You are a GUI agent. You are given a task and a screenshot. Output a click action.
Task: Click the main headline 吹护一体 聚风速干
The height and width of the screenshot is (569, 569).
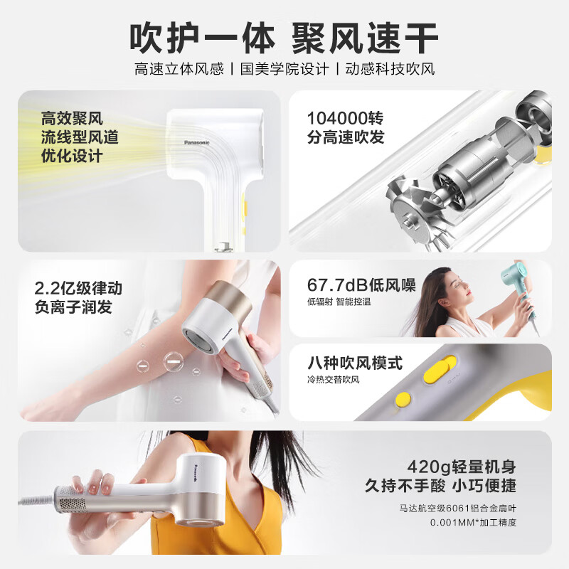pos(284,38)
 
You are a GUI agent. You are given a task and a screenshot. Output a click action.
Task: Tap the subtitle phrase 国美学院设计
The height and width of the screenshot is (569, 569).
pos(284,69)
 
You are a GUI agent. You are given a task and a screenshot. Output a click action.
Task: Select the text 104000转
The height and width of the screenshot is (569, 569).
pos(345,118)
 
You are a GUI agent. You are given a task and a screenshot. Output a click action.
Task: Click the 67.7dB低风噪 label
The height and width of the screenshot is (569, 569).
pos(361,285)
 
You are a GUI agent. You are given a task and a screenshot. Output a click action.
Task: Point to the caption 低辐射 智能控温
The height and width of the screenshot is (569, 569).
pos(339,302)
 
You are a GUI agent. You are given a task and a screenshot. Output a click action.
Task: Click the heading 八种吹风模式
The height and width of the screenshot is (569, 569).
pos(355,363)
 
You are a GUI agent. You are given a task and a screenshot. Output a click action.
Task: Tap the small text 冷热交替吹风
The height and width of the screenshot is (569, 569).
pos(333,380)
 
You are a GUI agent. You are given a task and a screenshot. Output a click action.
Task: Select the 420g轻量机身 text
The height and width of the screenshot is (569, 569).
pos(462,467)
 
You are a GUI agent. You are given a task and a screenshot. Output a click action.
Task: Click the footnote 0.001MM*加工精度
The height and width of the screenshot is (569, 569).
pos(473,523)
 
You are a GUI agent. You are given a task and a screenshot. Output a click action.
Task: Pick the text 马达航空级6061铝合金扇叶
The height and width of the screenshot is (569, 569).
pos(457,508)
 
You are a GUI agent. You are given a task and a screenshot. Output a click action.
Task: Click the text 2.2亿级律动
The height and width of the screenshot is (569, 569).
pos(78,288)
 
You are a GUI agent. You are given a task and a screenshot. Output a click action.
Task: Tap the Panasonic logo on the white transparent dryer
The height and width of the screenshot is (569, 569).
pos(197,143)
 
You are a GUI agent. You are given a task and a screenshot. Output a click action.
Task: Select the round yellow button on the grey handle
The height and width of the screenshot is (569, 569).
pos(403,399)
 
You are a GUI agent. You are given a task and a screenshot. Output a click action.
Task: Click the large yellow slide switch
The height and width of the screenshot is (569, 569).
pos(440,368)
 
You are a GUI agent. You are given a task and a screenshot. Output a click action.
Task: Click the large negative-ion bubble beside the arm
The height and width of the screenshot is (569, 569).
pos(172,362)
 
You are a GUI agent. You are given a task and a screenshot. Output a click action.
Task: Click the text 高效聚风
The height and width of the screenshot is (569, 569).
pos(72,118)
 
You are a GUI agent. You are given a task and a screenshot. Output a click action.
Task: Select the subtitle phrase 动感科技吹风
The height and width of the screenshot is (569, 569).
pos(390,69)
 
